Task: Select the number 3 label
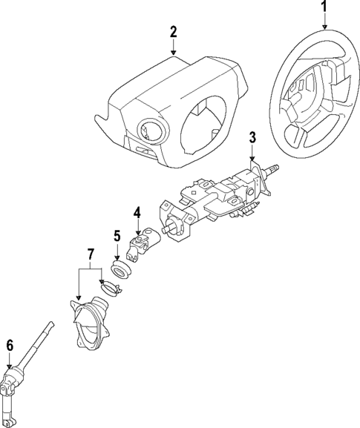click(x=252, y=136)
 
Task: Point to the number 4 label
click(x=137, y=213)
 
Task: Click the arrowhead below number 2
click(x=173, y=53)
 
